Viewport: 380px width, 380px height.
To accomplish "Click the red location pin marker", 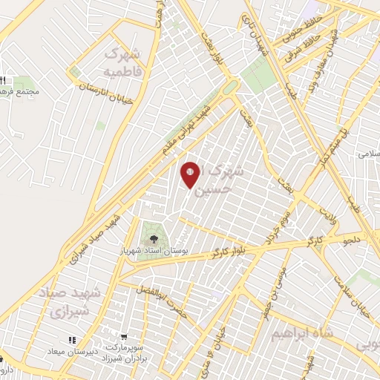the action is point(191,174).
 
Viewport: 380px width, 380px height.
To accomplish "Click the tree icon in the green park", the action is point(154,238).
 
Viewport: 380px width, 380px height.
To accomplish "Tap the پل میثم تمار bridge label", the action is point(347,140).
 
